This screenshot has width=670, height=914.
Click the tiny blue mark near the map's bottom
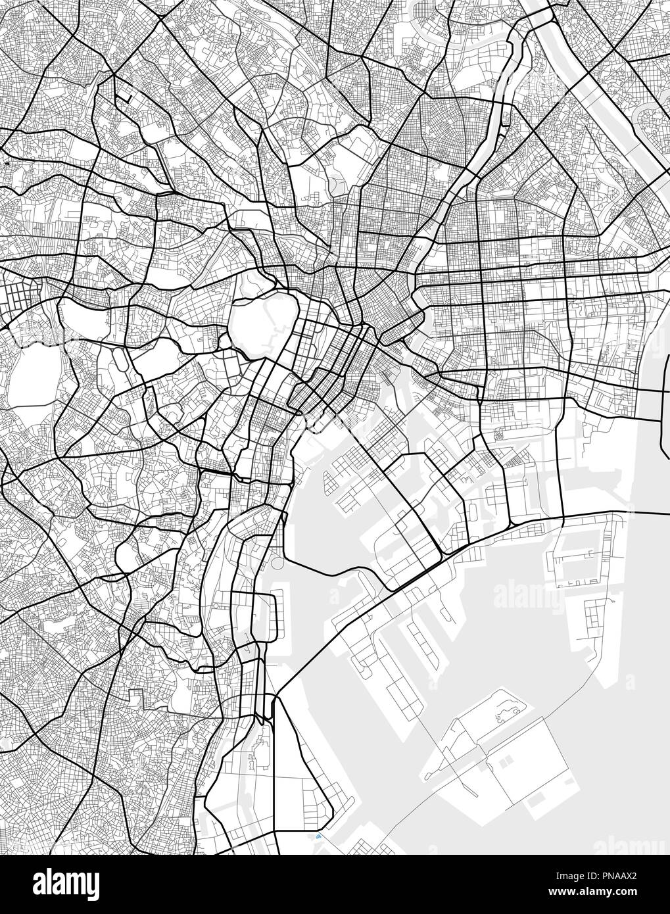319,838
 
